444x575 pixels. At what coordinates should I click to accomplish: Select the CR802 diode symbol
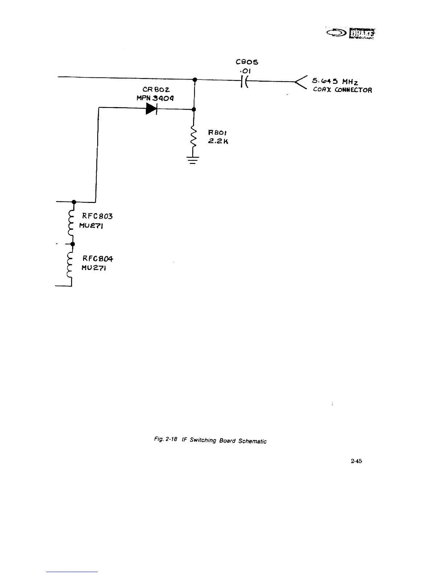tap(151, 108)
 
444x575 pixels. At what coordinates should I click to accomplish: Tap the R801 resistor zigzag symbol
tap(194, 138)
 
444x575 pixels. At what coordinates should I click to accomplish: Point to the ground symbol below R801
tap(193, 160)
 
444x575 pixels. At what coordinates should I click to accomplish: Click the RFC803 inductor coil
tap(71, 223)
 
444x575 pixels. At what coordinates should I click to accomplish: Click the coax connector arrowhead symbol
tap(301, 84)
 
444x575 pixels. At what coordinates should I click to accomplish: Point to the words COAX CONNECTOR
tap(342, 90)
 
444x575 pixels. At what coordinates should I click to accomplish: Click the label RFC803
tap(98, 216)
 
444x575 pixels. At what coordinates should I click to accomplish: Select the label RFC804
tap(98, 259)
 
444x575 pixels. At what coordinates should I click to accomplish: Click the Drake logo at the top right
tap(351, 33)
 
